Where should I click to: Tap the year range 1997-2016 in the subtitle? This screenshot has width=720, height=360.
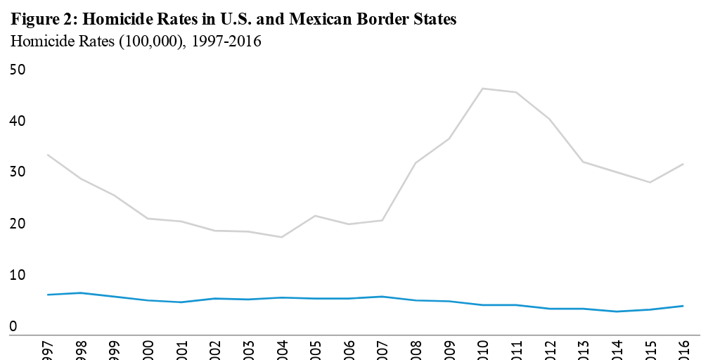coord(226,42)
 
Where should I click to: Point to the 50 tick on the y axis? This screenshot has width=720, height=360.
coord(18,70)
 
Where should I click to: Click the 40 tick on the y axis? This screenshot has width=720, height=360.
coord(18,121)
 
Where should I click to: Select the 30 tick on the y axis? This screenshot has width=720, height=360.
coord(18,172)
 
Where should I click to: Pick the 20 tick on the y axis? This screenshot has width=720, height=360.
coord(18,224)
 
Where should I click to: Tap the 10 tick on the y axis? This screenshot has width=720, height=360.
coord(18,276)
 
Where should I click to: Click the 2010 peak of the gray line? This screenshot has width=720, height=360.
coord(482,89)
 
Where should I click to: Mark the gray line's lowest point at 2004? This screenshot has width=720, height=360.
coord(281,237)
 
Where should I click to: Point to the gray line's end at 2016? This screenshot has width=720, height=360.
coord(683,164)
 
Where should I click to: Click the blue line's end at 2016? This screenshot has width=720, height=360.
coord(683,306)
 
